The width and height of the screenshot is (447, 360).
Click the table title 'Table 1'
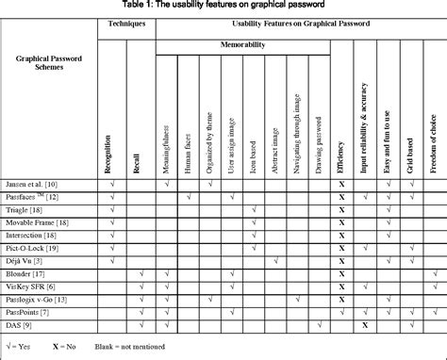tap(223, 6)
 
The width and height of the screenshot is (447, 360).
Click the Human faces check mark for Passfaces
tap(190, 196)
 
